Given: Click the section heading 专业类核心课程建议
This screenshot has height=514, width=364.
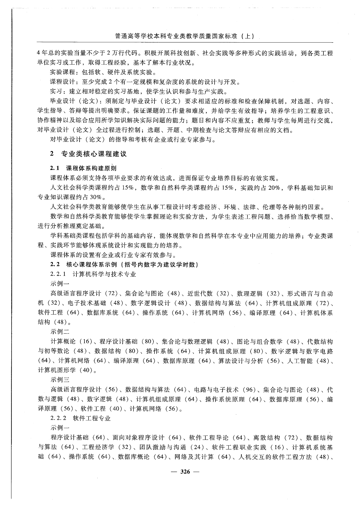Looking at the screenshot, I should [94, 154].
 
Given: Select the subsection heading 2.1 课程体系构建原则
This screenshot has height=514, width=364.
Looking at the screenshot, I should [83, 168].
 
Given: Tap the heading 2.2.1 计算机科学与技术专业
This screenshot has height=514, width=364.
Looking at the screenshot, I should [93, 274].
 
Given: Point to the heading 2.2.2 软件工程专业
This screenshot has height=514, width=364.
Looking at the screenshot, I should [81, 418].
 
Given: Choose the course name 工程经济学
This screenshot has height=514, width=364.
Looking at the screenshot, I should [98, 447].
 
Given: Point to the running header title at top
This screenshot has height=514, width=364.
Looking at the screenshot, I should [185, 36].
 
